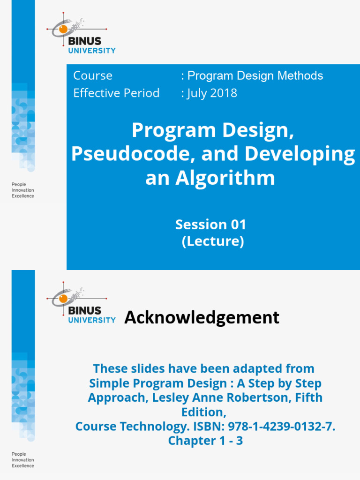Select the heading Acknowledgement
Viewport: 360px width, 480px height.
pos(202,317)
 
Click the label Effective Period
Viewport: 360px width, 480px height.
pos(116,93)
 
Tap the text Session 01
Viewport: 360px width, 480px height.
pos(210,225)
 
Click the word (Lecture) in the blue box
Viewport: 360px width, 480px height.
pos(213,242)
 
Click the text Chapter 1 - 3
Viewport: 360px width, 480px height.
pos(205,441)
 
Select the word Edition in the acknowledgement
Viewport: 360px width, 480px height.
pos(202,412)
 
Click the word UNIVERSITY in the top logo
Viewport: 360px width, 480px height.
pos(92,51)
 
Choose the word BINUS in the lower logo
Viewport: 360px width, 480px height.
pos(85,310)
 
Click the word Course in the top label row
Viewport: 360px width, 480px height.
pos(93,75)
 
